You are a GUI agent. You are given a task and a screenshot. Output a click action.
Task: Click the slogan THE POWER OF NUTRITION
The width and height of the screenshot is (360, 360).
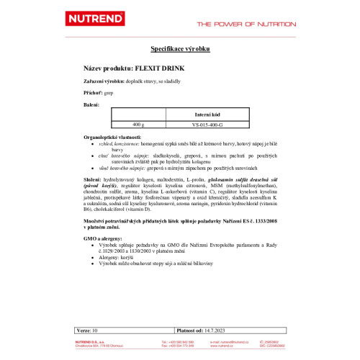pos(246,23)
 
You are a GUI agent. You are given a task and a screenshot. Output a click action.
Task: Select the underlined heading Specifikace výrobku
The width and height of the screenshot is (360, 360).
pos(179,49)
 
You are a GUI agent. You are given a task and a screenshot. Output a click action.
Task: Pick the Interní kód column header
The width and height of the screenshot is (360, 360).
pos(208,114)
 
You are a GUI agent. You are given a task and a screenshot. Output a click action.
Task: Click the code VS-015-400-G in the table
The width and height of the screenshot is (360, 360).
pos(208,124)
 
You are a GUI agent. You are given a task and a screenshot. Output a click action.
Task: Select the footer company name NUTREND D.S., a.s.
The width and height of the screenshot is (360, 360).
pos(91,341)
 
